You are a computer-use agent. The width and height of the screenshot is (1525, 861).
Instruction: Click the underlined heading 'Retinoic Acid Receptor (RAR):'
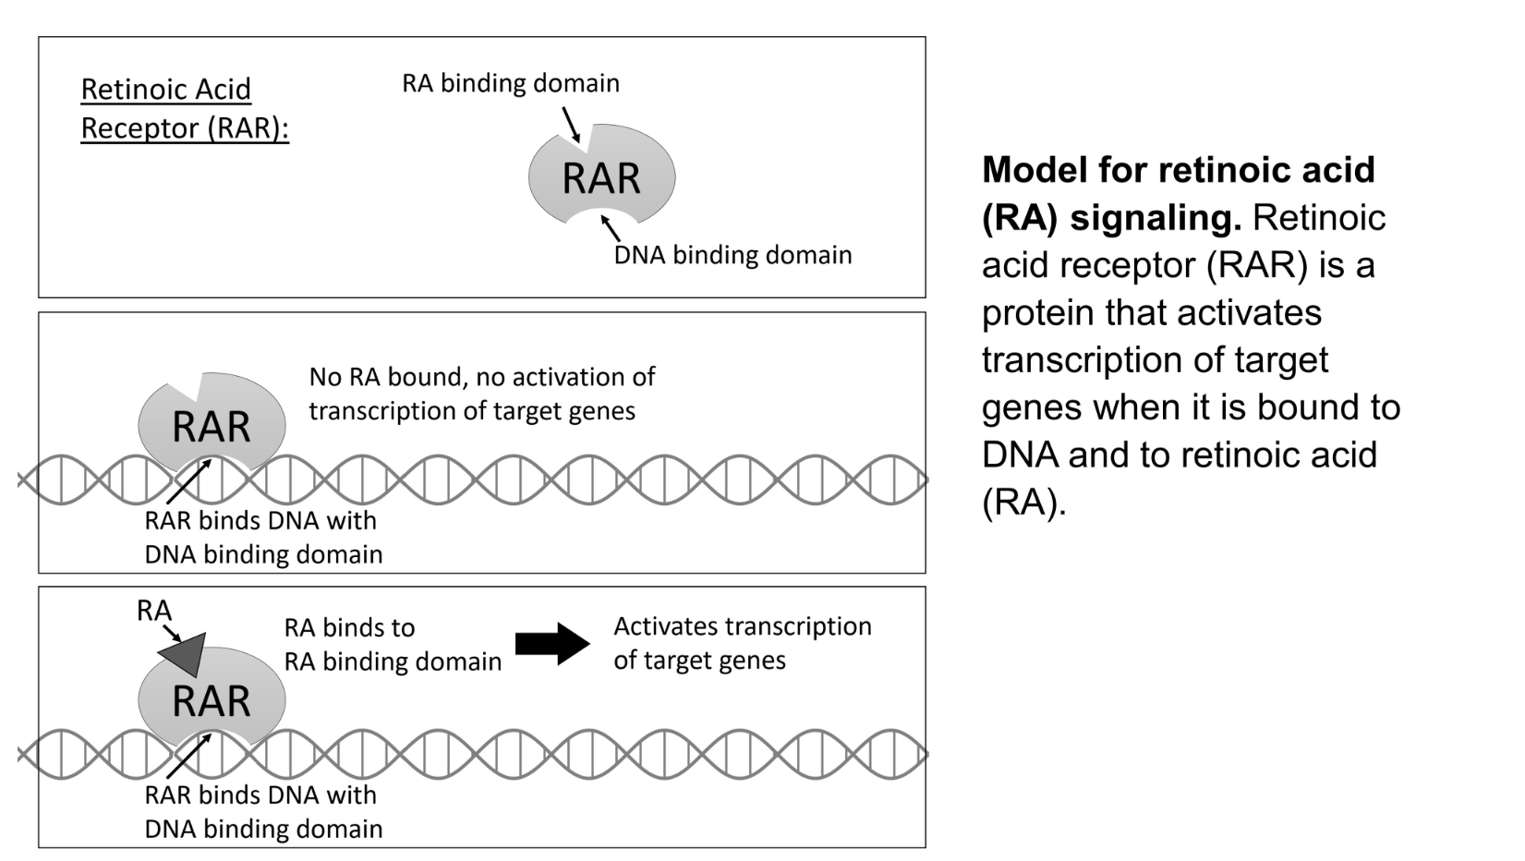click(x=184, y=108)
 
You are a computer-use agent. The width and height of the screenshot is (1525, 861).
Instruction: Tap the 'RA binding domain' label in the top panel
click(x=510, y=83)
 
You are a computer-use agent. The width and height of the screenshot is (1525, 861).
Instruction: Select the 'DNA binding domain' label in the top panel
click(x=732, y=255)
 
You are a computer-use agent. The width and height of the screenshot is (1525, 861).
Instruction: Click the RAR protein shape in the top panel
click(x=601, y=177)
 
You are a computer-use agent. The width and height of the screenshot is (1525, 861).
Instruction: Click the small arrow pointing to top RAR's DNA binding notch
click(x=611, y=227)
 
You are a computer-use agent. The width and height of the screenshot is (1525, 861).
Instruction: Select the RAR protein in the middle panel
click(x=212, y=425)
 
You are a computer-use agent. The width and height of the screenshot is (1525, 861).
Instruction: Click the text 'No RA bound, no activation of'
click(x=481, y=377)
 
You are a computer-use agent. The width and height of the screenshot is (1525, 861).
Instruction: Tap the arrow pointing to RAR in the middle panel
click(x=189, y=482)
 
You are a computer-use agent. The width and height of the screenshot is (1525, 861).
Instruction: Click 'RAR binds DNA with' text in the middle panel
click(x=260, y=520)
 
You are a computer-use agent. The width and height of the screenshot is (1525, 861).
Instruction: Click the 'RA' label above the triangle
click(x=153, y=611)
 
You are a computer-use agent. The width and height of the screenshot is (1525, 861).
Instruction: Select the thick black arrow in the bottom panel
click(x=551, y=644)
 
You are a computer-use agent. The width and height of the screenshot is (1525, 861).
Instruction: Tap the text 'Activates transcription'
click(x=742, y=626)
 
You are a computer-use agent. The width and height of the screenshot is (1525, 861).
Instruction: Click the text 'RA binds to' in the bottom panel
click(x=349, y=628)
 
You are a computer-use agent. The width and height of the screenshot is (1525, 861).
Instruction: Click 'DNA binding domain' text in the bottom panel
click(x=263, y=829)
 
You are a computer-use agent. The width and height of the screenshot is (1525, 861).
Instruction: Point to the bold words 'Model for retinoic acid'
click(x=1178, y=170)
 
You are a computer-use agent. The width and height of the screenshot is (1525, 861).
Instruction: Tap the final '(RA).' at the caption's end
click(x=1023, y=503)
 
